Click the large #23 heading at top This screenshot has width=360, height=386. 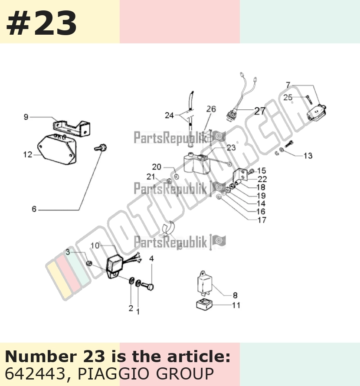(41, 24)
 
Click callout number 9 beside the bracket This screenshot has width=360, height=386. (26, 117)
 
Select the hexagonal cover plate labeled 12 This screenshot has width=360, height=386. (57, 149)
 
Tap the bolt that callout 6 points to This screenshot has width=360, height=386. (101, 148)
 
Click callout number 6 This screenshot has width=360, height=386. (34, 209)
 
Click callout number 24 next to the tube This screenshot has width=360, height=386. (170, 115)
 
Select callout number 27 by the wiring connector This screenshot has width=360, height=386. (260, 111)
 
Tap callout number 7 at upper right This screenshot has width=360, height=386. (288, 85)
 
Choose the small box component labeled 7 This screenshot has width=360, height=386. (317, 112)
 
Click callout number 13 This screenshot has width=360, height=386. (308, 156)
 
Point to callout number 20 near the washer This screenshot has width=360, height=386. (157, 167)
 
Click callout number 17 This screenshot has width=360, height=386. (262, 220)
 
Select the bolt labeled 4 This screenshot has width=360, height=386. (147, 286)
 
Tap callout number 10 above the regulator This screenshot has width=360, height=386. (95, 245)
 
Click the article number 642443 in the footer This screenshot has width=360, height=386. (35, 373)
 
